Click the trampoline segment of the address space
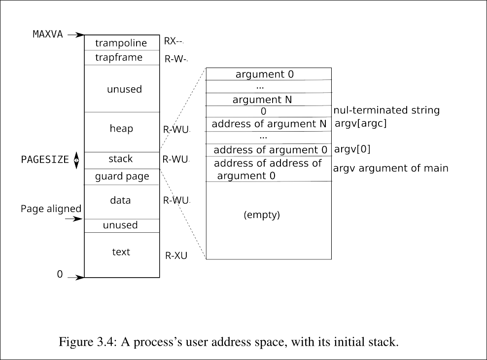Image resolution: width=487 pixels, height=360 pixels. point(121,43)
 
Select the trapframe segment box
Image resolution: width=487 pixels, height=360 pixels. point(121,58)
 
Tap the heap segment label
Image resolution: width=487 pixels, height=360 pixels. point(121,129)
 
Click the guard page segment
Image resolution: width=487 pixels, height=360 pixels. point(122,177)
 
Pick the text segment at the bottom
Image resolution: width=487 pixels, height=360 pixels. point(121,252)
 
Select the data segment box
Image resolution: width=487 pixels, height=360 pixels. point(121,201)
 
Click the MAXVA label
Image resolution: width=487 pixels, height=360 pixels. point(48,35)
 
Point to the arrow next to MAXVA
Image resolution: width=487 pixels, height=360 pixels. point(76,35)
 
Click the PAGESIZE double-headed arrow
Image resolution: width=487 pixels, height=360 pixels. point(76,160)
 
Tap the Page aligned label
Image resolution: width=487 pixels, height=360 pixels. point(51,209)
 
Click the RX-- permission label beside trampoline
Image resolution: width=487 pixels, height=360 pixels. point(174,41)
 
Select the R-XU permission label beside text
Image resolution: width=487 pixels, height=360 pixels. point(176,256)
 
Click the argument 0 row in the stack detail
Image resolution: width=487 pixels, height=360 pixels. point(265,74)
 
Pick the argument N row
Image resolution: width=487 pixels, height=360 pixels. point(262,100)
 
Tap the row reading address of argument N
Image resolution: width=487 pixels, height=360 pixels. point(269,124)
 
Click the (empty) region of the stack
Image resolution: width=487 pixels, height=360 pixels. point(262,215)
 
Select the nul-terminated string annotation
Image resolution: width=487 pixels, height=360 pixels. point(386,110)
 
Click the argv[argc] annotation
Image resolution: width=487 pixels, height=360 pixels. point(361,124)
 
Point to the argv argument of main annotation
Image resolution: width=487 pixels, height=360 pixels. point(391,169)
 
